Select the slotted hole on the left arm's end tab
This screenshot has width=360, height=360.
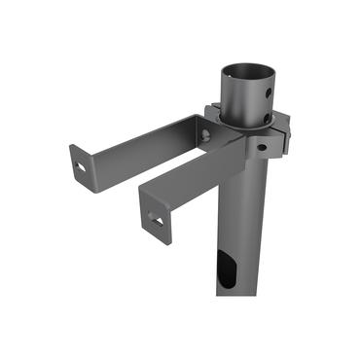pos(82,166)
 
